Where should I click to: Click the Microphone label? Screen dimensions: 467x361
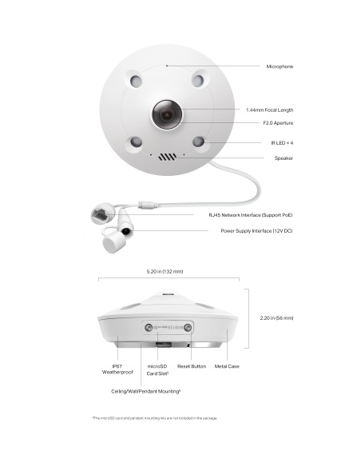(279, 66)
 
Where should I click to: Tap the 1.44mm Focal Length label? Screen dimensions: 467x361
(269, 110)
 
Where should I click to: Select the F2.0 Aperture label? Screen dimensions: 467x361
(277, 123)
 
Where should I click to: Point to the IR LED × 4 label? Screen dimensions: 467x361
(281, 142)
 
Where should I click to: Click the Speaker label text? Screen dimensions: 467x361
(284, 158)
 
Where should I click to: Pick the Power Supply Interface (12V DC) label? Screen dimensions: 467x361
(256, 230)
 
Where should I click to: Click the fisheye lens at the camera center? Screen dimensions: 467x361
(167, 115)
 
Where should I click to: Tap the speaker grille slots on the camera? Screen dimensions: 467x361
(165, 158)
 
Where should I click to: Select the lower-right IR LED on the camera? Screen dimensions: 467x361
(197, 142)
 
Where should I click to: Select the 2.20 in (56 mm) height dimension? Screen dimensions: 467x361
(276, 317)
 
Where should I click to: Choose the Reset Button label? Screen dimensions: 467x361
(192, 366)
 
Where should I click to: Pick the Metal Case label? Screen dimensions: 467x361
(227, 366)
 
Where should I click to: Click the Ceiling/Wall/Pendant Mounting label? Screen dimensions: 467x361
(145, 391)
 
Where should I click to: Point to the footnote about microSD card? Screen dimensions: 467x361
(154, 418)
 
